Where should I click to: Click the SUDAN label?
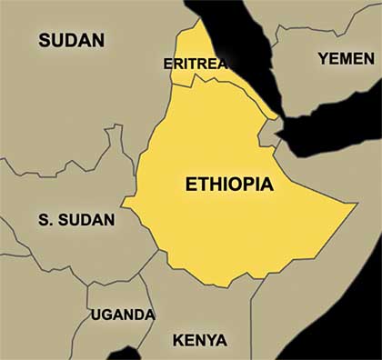click(x=71, y=40)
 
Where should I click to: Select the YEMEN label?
click(x=345, y=58)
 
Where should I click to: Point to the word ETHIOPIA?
click(x=228, y=184)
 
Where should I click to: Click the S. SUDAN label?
click(x=76, y=220)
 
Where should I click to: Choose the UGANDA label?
click(x=122, y=315)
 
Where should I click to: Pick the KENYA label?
click(x=200, y=342)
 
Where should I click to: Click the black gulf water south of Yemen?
click(x=337, y=127)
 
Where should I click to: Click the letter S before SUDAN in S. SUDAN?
click(x=44, y=220)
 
